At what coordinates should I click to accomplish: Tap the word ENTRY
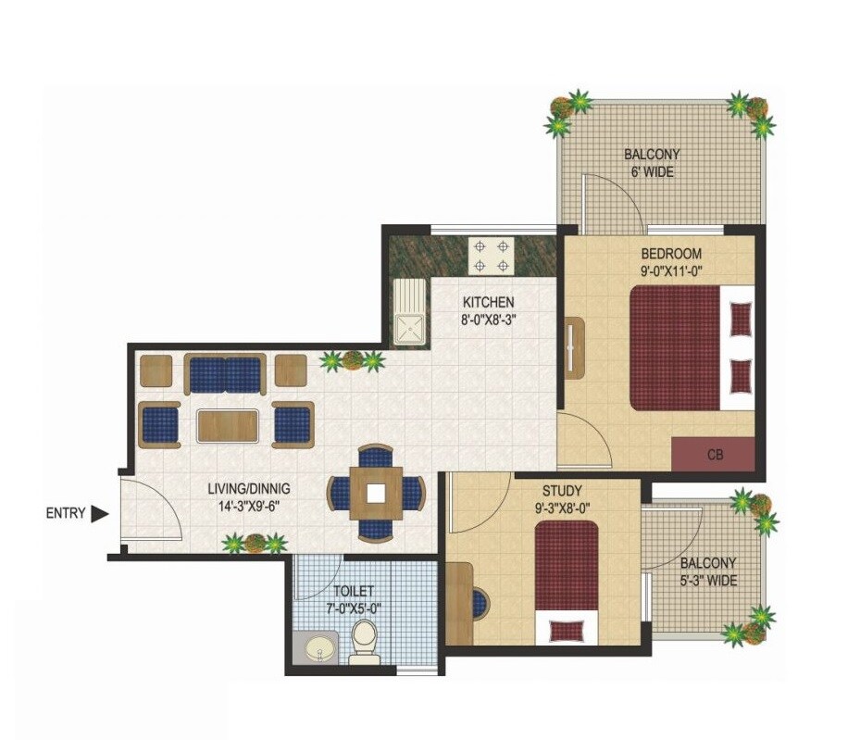66,514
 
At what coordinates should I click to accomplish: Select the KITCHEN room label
488,302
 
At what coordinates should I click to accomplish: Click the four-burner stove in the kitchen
490,256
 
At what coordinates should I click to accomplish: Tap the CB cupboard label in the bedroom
714,455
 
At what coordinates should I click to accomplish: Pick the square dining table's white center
375,492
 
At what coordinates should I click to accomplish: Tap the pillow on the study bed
565,630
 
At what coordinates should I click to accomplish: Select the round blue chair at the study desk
479,604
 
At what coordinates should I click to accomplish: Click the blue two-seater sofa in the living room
225,375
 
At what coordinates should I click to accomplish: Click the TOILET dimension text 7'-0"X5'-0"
353,608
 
